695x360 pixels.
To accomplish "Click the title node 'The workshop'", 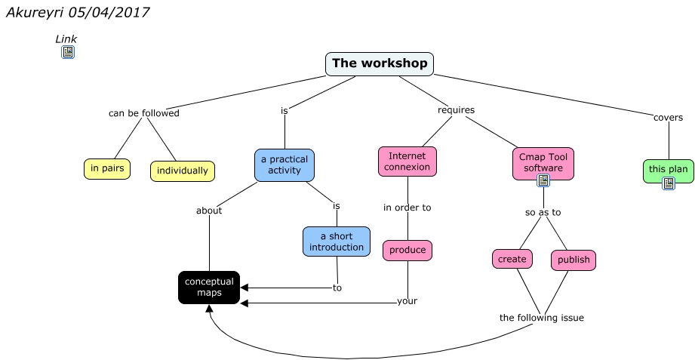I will coord(380,64).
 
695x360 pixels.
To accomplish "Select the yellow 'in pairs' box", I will coord(106,169).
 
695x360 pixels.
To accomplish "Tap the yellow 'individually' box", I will coord(182,171).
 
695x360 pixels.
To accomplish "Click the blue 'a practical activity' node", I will coord(284,165).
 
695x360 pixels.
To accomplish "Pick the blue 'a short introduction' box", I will coord(337,242).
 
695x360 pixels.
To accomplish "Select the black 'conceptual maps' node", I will coord(209,287).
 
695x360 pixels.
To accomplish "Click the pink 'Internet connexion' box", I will coord(407,162).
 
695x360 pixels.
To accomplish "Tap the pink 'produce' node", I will coord(407,251).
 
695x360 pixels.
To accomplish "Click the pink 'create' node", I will coord(512,259).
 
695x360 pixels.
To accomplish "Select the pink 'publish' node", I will coord(574,260).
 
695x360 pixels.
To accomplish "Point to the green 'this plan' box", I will coord(668,169).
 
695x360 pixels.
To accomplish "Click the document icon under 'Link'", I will coord(68,52).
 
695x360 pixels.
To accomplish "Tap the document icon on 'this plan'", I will coord(668,183).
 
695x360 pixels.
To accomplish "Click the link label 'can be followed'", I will coord(144,113).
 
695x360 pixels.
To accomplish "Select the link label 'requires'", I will coord(457,110).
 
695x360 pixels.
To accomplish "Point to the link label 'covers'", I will coord(668,118).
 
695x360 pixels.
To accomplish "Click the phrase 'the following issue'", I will coord(542,318).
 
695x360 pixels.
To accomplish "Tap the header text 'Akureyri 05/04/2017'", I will coord(78,13).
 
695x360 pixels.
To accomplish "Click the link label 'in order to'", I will coord(407,208).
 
